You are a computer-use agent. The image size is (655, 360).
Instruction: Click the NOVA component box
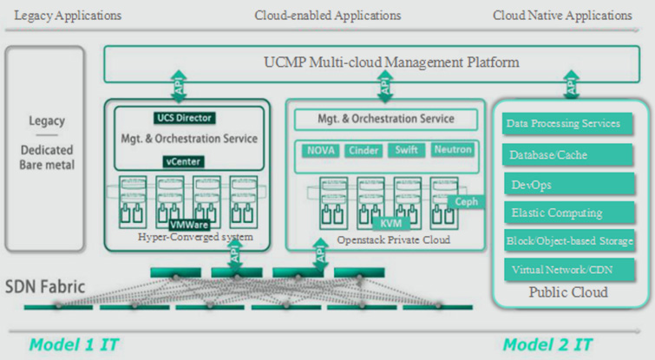tap(323, 150)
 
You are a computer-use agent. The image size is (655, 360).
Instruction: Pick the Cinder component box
tap(364, 150)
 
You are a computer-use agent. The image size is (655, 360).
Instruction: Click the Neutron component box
tap(453, 150)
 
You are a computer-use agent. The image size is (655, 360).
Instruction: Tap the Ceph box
tap(466, 202)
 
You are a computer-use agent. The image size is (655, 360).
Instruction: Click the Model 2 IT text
tap(547, 344)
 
